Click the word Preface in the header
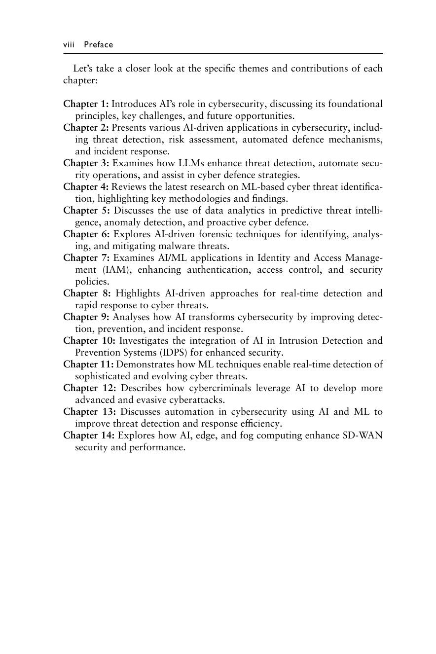(x=98, y=45)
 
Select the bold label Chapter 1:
(x=86, y=104)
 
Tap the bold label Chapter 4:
(x=86, y=187)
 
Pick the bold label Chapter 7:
(x=86, y=258)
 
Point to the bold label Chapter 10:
(x=89, y=341)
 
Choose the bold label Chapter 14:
(x=89, y=436)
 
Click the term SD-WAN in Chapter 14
(x=363, y=436)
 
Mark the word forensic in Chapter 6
(x=212, y=234)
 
